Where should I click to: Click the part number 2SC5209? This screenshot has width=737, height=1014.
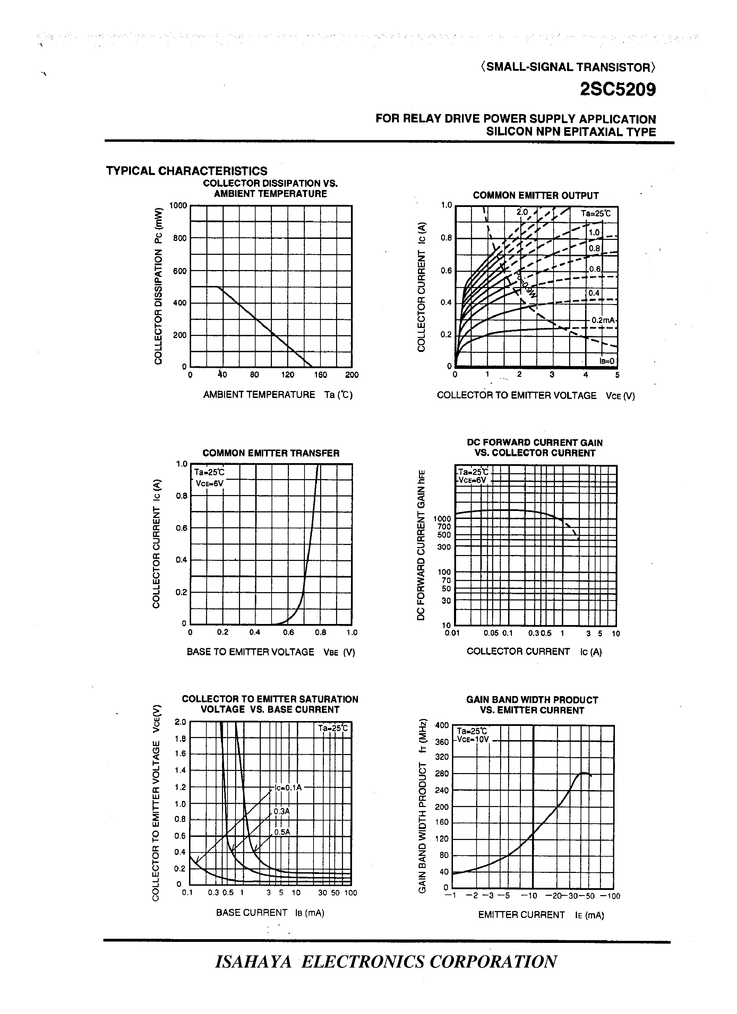point(618,90)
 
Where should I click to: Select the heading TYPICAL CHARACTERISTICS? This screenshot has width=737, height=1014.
point(187,171)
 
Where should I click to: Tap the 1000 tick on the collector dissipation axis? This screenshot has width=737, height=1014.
point(178,206)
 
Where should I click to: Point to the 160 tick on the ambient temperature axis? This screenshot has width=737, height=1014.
point(320,375)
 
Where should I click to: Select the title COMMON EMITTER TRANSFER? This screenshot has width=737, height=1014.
point(271,453)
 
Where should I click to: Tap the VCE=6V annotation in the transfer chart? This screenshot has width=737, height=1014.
point(209,483)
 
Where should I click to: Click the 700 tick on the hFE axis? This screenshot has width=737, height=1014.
point(444,527)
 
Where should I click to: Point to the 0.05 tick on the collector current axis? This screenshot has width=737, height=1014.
point(491,633)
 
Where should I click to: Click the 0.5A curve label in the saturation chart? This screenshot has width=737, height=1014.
point(282,832)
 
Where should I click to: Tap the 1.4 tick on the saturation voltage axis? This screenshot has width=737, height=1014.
point(180,770)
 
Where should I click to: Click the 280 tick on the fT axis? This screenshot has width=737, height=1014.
point(442,773)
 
